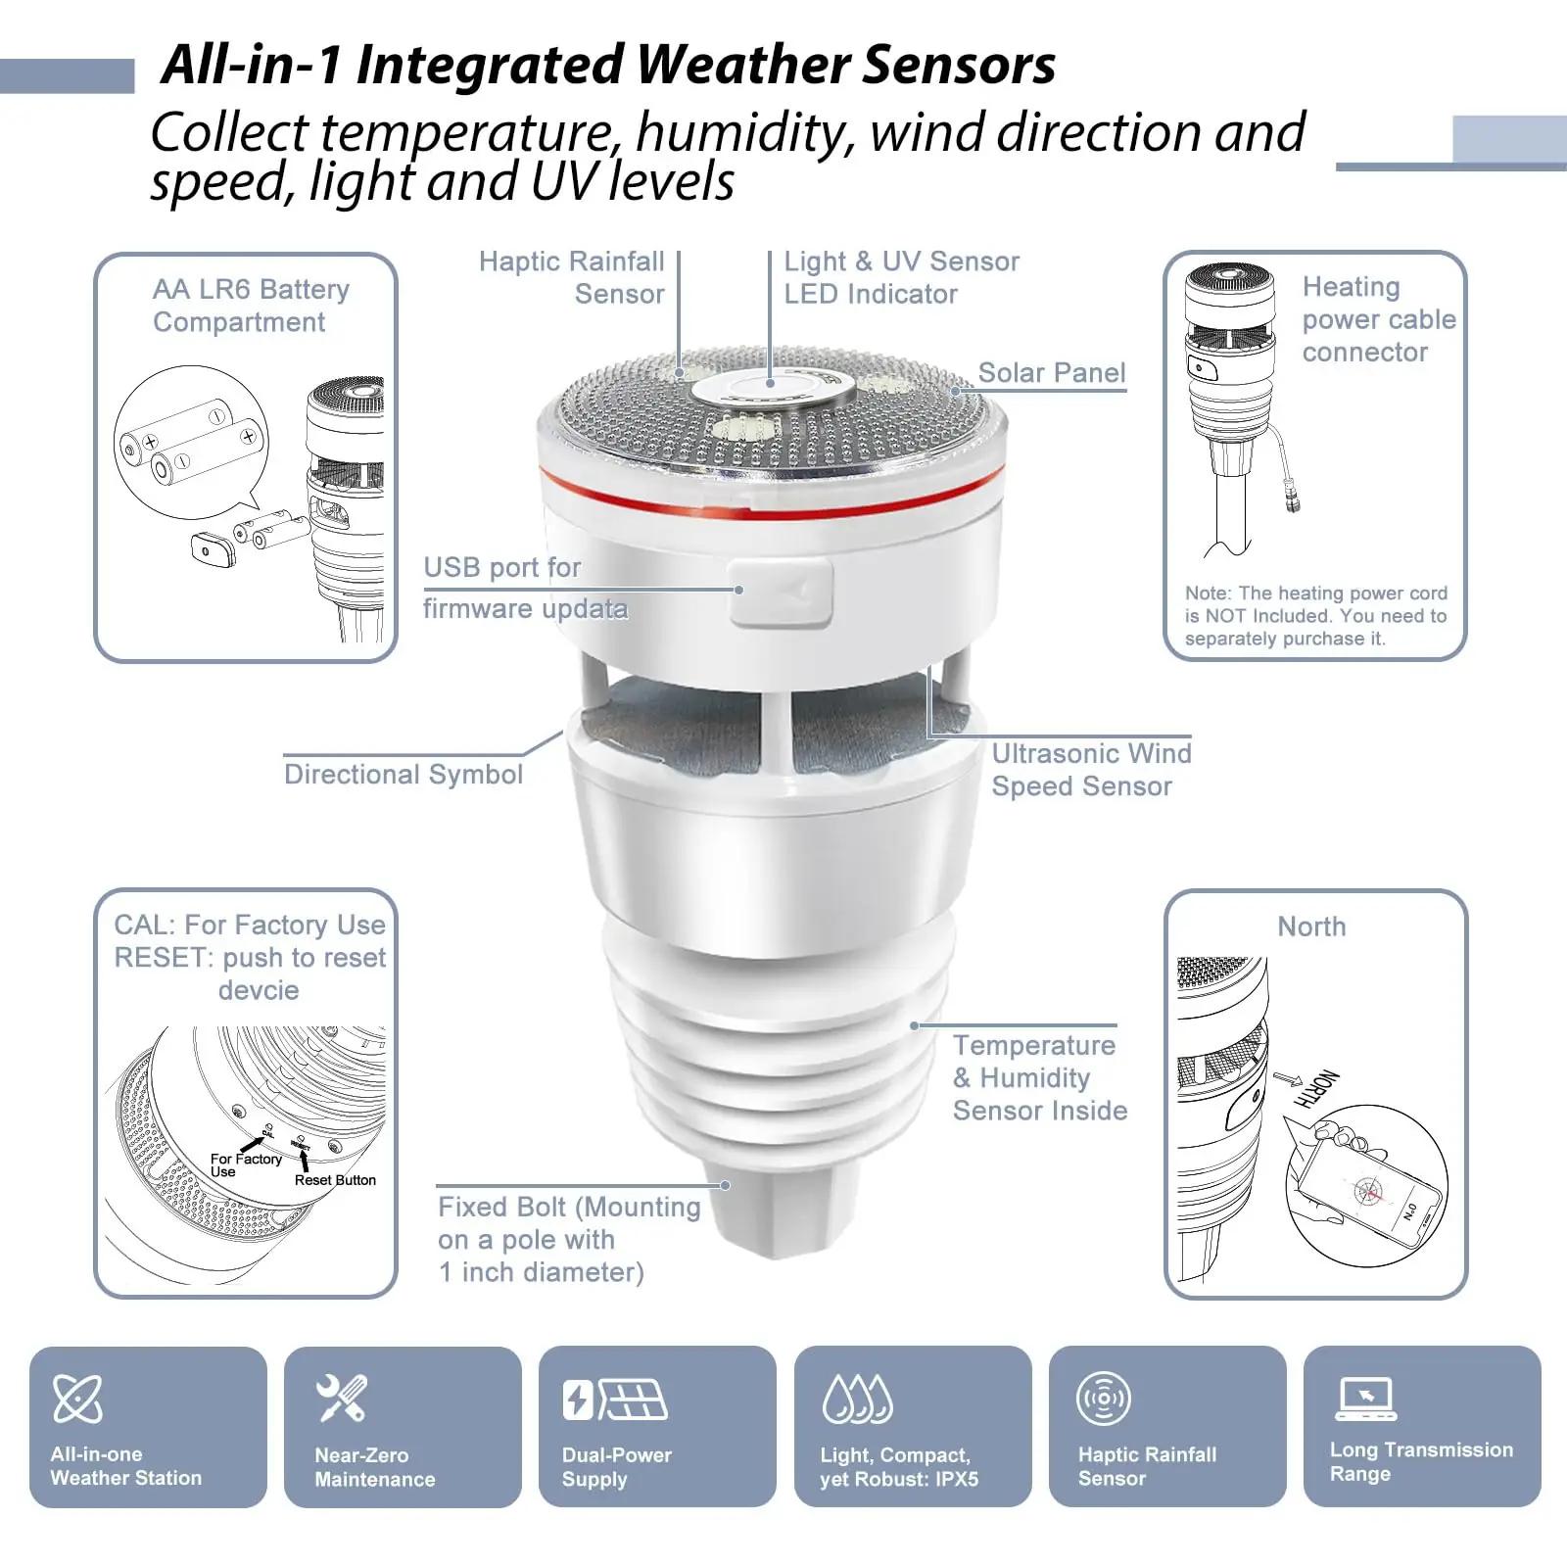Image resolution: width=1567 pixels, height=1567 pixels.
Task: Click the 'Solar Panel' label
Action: (1052, 373)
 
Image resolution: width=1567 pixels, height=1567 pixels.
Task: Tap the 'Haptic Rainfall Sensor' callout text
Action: (572, 278)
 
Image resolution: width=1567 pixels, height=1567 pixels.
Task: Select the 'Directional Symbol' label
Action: (404, 775)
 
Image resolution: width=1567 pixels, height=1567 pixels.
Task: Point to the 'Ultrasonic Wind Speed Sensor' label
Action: (1091, 770)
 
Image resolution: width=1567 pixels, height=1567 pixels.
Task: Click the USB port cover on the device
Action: (781, 592)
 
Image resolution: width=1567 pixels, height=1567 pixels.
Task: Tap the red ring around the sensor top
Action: (772, 495)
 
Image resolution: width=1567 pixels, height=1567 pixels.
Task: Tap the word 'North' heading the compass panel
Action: (1311, 926)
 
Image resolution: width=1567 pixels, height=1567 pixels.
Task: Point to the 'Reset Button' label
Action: (335, 1180)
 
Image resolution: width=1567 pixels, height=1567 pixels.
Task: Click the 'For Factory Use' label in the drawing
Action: (245, 1164)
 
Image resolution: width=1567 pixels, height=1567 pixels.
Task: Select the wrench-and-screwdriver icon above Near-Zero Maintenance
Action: (342, 1398)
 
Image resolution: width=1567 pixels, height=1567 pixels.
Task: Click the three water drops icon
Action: (857, 1399)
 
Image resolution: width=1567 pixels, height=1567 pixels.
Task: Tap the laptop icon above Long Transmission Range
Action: (1365, 1399)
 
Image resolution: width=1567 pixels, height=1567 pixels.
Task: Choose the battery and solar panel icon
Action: (615, 1400)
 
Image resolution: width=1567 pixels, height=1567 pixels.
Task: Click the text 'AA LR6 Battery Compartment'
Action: (251, 306)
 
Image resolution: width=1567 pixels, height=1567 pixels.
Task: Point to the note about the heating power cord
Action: (1315, 616)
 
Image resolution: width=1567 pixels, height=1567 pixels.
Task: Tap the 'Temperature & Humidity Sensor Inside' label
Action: (1039, 1077)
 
